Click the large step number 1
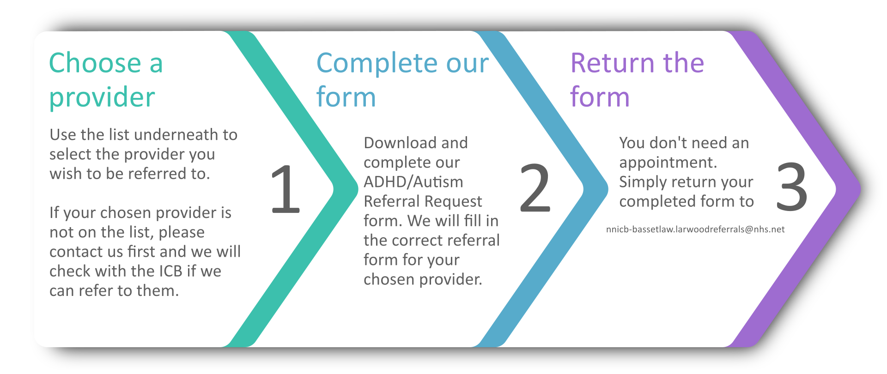[286, 189]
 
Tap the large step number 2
[535, 188]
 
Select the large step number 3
[792, 187]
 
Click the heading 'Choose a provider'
[106, 80]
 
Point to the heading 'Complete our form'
[402, 80]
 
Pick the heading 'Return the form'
[637, 80]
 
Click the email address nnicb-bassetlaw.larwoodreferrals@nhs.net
[695, 229]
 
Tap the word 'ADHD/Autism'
[413, 182]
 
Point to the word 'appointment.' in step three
[668, 163]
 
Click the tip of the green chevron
[358, 188]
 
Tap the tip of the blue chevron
[608, 188]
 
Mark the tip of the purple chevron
[861, 188]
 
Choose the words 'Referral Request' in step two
[423, 202]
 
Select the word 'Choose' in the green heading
[95, 63]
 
